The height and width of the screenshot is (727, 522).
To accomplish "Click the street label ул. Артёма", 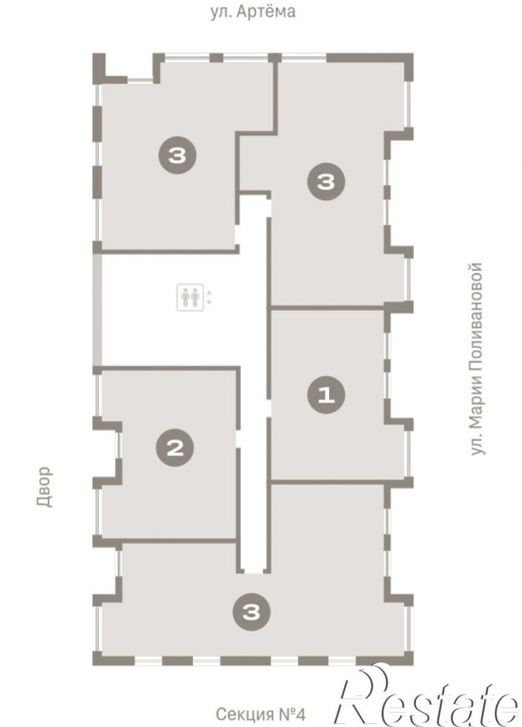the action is pos(253,11).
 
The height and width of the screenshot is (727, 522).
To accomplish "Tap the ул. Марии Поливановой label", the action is pos(477,359).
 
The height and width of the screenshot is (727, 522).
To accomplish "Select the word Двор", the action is pos(44,486).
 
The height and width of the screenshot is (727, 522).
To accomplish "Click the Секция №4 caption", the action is pos(261,713).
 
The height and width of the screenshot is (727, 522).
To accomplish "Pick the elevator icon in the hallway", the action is pos(190,297).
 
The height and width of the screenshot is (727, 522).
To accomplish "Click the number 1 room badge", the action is pos(326,395).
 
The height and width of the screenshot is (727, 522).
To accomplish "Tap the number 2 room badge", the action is pos(175,448).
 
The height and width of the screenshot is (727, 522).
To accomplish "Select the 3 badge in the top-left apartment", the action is pos(177,155).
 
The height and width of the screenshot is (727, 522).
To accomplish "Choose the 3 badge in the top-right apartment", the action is pos(326,182).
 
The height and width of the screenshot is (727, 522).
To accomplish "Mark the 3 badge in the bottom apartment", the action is pos(251,612).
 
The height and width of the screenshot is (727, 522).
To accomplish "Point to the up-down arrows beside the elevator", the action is pos(210,297).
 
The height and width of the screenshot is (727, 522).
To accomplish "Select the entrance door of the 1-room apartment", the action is pos(268,409).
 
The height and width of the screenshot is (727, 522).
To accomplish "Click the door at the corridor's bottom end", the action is pos(253,573).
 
